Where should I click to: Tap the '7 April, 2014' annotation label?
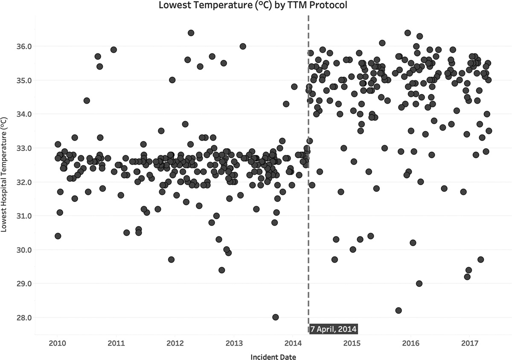pos(333,329)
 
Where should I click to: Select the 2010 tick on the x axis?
pos(57,343)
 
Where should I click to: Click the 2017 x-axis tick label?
pos(470,343)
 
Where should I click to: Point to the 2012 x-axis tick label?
pos(175,343)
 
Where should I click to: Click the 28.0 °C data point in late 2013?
pos(276,317)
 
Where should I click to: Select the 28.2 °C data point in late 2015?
pos(399,311)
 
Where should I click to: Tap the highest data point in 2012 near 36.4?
pos(191,33)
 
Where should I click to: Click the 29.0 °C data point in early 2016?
pos(419,284)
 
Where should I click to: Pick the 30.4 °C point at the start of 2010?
pos(58,236)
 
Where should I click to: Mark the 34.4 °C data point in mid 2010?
pos(87,101)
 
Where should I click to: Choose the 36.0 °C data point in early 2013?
pos(243,46)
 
